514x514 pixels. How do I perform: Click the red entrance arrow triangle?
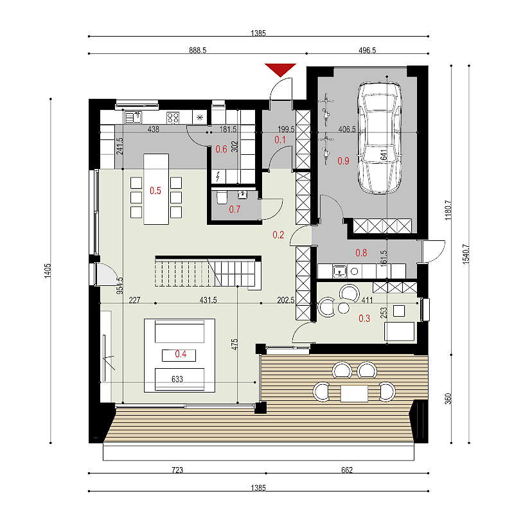coord(280,69)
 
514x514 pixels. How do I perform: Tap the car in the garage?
coord(380,137)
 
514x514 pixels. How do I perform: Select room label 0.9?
coord(343,161)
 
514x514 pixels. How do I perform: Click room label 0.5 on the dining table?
coord(155,190)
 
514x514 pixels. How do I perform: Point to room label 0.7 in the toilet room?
coord(235,209)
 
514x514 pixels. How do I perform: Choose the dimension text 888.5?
coord(198,50)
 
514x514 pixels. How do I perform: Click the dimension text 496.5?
coord(367,50)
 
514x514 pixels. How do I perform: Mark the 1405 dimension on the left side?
coord(48,270)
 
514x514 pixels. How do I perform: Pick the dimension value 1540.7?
coord(466,254)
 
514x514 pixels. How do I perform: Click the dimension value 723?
coord(177,470)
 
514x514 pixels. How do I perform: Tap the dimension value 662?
coord(347,470)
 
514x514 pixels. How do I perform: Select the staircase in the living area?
coord(208,272)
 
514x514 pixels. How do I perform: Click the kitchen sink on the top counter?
coord(133,117)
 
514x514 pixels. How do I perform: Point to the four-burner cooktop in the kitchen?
coord(173,118)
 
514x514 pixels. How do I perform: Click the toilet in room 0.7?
coord(222,197)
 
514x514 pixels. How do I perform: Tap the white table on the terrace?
coord(354,393)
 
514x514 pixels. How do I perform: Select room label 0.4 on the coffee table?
coord(181,354)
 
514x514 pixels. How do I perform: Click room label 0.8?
coord(361,253)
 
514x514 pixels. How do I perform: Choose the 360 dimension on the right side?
coord(448,398)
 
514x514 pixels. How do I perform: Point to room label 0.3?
coord(364,318)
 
